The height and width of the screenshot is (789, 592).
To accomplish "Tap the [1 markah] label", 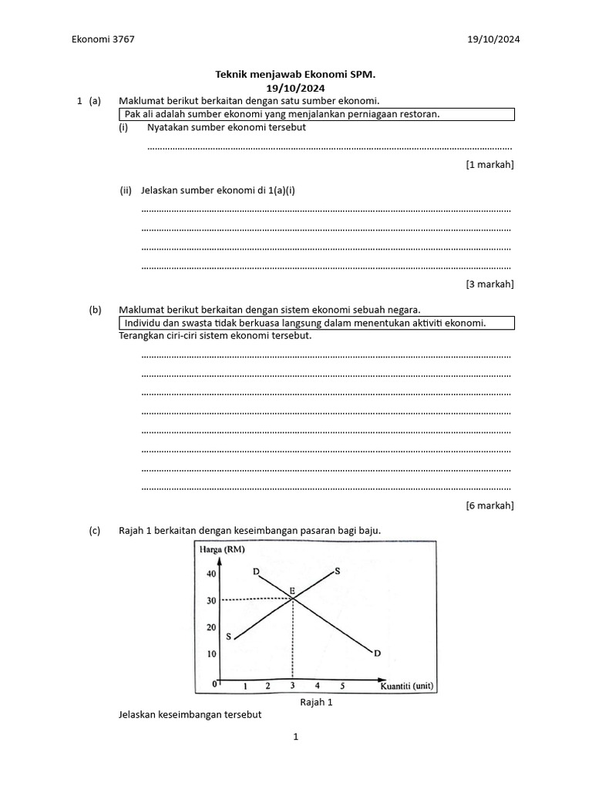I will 489,164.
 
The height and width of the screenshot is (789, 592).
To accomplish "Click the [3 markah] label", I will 489,284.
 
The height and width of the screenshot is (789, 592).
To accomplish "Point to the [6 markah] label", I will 489,505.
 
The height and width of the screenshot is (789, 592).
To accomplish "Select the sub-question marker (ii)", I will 126,190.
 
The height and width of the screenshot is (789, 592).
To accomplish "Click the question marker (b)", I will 95,310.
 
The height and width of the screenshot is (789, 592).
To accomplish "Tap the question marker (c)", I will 95,531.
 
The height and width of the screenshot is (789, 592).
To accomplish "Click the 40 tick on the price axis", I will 211,574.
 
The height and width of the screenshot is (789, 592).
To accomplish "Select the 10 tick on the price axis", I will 211,654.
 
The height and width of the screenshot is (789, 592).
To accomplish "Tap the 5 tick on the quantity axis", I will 342,686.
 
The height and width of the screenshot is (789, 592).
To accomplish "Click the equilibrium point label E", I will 292,591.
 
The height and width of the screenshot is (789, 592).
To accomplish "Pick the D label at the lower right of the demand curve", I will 377,653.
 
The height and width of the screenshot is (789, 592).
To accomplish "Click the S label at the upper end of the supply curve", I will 337,572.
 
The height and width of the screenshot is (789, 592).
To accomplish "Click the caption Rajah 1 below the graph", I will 314,702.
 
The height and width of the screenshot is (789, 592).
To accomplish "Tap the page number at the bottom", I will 295,737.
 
